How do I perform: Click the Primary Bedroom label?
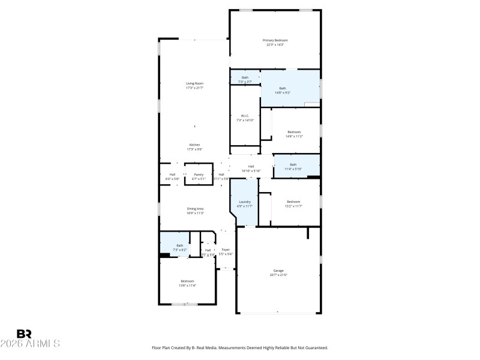coord(275,40)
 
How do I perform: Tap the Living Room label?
coord(194,83)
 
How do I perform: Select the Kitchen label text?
coord(194,145)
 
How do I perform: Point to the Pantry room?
coord(199,175)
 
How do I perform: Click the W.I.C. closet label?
coord(245,116)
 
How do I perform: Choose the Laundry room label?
coord(245,202)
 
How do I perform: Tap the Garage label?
coord(279,270)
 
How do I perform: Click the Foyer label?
coord(226,250)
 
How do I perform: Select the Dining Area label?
coord(195,208)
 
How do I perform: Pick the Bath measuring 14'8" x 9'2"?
coord(282,88)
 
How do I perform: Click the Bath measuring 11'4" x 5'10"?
coord(293,164)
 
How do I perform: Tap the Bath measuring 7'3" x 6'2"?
coord(179,245)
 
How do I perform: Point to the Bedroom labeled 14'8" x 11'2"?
coord(293,131)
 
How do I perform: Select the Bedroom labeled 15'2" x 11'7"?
coord(293,202)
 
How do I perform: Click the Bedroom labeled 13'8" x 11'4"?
coord(188,281)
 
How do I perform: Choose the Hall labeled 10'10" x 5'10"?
coord(251,166)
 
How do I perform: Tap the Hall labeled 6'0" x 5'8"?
coord(172,175)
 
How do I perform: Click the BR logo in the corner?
coord(24,334)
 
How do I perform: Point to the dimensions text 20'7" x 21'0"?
coord(279,275)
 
